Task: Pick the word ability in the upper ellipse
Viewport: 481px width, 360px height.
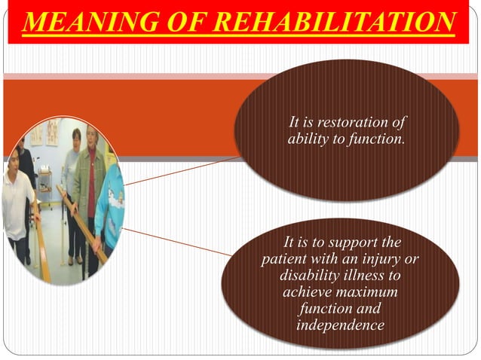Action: coord(308,139)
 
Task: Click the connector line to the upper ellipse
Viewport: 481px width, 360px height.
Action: coord(181,172)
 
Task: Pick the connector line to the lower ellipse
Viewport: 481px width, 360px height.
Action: coord(177,240)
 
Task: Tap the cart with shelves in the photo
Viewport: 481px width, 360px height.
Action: coord(44,185)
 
